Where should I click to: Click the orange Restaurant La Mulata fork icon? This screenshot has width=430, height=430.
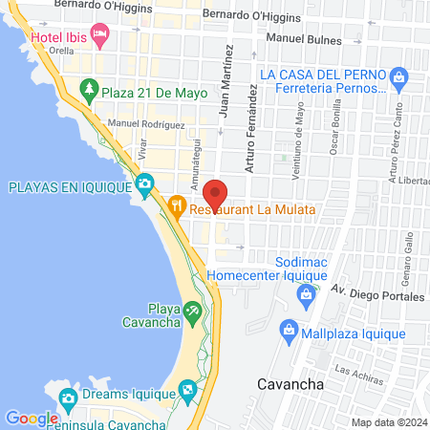[176, 205]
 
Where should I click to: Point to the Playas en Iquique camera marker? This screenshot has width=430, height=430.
[144, 183]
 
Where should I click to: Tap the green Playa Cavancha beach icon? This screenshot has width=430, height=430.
[193, 312]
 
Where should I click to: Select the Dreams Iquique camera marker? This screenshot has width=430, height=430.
[67, 398]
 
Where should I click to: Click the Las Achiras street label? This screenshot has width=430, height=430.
[355, 369]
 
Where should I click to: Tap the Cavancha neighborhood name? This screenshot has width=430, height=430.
[290, 384]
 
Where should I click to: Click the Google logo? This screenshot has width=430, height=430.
[32, 418]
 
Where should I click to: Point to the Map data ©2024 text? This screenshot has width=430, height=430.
[388, 421]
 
